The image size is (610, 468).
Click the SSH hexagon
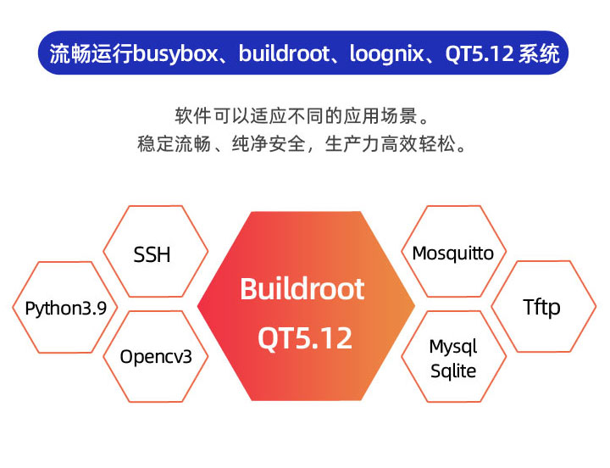pyautogui.click(x=156, y=252)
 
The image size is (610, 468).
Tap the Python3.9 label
pyautogui.click(x=65, y=309)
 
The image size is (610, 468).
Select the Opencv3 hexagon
pyautogui.click(x=156, y=357)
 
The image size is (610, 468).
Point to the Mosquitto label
pyautogui.click(x=452, y=253)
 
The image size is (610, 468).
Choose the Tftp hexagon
pyautogui.click(x=543, y=307)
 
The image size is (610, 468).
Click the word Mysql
pyautogui.click(x=453, y=347)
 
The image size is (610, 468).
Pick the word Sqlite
pyautogui.click(x=453, y=371)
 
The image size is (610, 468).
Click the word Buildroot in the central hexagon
pyautogui.click(x=302, y=289)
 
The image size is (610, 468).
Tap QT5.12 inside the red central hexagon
pyautogui.click(x=305, y=338)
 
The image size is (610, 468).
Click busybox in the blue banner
pyautogui.click(x=175, y=53)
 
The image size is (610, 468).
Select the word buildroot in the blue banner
pyautogui.click(x=285, y=53)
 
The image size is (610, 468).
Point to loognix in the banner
pyautogui.click(x=386, y=53)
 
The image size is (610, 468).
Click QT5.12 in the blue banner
pyautogui.click(x=480, y=53)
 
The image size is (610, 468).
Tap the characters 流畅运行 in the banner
pyautogui.click(x=91, y=53)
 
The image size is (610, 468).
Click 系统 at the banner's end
pyautogui.click(x=539, y=53)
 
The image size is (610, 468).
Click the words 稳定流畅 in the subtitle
pyautogui.click(x=175, y=144)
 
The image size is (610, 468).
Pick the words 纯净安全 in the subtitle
pyautogui.click(x=269, y=144)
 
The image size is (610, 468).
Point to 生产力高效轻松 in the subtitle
pyautogui.click(x=390, y=144)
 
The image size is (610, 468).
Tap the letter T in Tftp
pyautogui.click(x=529, y=306)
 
